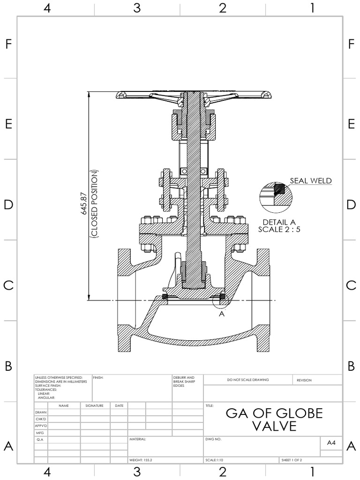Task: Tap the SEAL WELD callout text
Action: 310,180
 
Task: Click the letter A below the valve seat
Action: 222,314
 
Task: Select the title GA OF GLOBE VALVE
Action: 274,419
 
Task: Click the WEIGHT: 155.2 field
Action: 141,460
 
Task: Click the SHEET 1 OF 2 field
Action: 292,460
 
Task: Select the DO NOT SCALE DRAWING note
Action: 248,380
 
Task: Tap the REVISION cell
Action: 304,380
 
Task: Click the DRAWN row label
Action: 41,412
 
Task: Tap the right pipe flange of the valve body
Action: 263,300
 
